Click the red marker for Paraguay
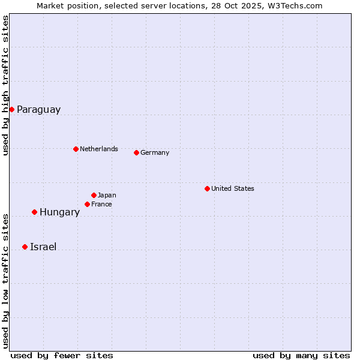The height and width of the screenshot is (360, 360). point(11,109)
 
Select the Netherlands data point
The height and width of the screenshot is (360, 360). point(76,149)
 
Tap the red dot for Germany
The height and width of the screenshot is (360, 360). point(136,152)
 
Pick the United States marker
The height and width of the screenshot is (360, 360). point(207,188)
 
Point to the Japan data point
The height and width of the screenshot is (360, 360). point(94,195)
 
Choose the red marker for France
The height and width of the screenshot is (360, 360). point(87,204)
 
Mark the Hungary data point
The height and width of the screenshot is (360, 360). point(34,212)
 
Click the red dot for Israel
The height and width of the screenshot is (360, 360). point(25,247)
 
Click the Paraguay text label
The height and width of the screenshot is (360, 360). point(38,110)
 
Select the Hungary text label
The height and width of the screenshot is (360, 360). point(59,212)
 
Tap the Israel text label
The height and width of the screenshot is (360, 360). point(43,247)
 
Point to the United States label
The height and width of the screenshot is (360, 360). point(233,188)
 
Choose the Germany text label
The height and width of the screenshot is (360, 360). point(155,153)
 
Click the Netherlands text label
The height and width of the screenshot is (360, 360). point(99,149)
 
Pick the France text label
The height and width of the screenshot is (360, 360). point(101,205)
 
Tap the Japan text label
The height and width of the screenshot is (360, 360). point(107,195)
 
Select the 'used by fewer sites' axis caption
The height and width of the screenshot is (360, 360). point(62,355)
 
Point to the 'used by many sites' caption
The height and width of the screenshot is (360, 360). point(301,355)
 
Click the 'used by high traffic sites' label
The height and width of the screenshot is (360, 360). point(5,85)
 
